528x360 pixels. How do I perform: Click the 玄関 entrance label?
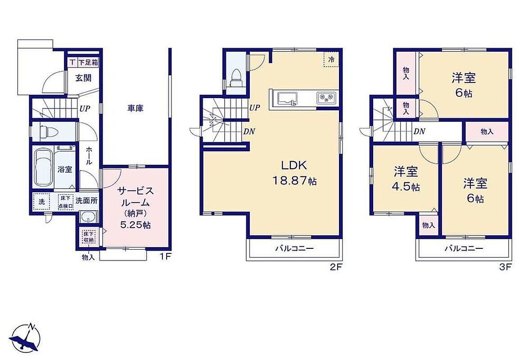(83, 78)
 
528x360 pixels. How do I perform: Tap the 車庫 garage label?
(135, 108)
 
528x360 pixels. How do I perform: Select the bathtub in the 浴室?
(44, 168)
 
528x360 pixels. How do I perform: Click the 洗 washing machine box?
(41, 202)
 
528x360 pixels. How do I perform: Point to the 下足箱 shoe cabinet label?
(88, 62)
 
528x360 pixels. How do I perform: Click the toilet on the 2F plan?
(236, 78)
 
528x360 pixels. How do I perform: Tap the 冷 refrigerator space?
(331, 59)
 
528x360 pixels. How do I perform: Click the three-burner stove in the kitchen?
(326, 98)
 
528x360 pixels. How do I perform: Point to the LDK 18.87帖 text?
(294, 173)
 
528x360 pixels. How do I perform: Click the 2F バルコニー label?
(294, 249)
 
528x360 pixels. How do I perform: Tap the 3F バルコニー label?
(464, 249)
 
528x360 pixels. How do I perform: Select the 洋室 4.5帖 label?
(406, 179)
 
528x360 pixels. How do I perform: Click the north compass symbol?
(24, 338)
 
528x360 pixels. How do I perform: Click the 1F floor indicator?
(166, 256)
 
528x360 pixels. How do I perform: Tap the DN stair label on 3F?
(419, 132)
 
